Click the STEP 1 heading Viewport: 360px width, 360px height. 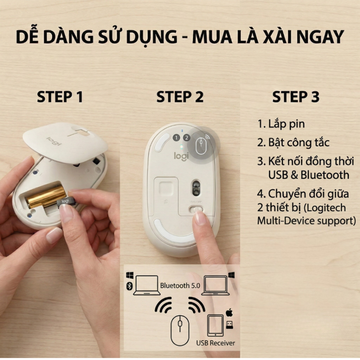60,97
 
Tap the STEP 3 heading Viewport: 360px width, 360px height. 296,97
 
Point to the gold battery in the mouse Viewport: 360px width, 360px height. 45,197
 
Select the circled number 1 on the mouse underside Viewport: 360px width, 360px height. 176,138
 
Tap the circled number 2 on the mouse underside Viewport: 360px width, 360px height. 186,138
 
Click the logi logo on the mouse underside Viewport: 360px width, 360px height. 181,156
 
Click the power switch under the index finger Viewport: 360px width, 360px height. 196,210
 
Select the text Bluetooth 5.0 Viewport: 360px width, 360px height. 180,285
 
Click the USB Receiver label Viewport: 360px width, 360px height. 216,343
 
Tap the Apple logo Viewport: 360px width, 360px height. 229,312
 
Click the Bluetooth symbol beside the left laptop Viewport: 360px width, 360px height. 129,286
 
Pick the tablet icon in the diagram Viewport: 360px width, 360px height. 216,325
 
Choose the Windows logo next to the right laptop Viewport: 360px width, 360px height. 231,275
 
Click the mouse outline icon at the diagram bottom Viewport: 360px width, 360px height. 180,330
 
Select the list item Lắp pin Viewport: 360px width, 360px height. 281,124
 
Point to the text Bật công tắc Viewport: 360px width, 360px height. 294,143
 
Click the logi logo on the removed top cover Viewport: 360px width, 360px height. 54,141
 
